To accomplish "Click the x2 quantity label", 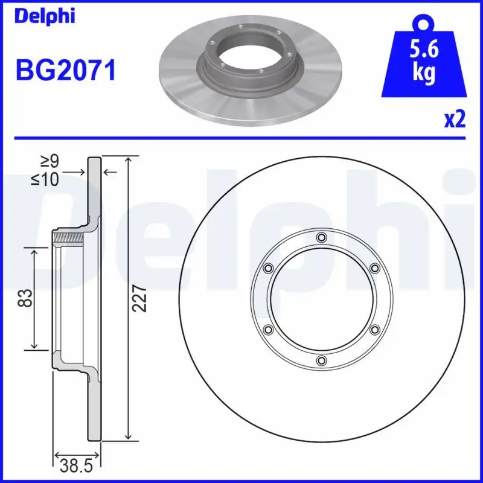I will coord(455,120).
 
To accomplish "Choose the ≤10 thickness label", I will coord(50,179).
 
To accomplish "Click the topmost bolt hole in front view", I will coord(321,237).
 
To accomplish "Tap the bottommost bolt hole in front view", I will coord(321,361).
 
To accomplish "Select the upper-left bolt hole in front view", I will coord(267,267).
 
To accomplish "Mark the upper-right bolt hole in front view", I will coord(375,267).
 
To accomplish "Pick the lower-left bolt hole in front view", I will coord(267,330).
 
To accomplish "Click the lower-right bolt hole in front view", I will coord(375,330).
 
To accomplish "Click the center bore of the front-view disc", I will coord(321,299).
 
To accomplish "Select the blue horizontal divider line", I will coord(241,138).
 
